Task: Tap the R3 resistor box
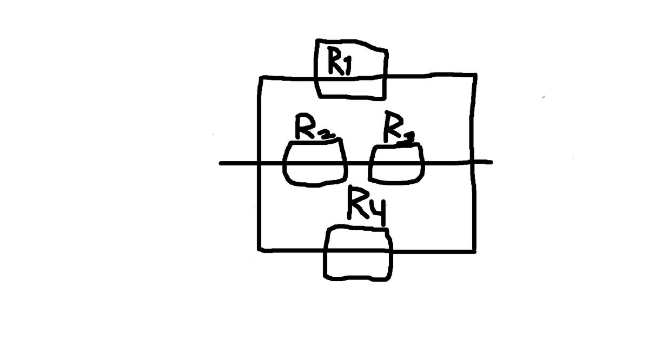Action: point(396,164)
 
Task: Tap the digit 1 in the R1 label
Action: point(348,64)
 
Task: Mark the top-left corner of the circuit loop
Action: point(260,78)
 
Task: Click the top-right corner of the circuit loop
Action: point(475,75)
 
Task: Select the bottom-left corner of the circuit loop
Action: point(260,250)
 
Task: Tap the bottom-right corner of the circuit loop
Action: point(475,251)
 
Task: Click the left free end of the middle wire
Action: point(221,163)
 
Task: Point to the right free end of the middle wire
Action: point(491,162)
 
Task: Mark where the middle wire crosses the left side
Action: point(260,163)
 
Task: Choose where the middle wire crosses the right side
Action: point(474,162)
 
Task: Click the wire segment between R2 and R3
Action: point(357,163)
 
